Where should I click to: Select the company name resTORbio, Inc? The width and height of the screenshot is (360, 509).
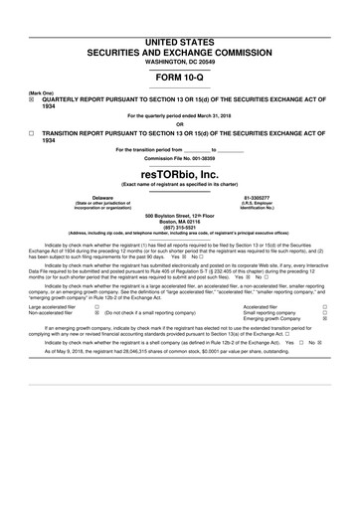point(179,173)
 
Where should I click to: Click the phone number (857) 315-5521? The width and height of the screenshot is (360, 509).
point(179,228)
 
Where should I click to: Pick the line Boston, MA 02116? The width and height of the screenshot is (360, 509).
point(179,222)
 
